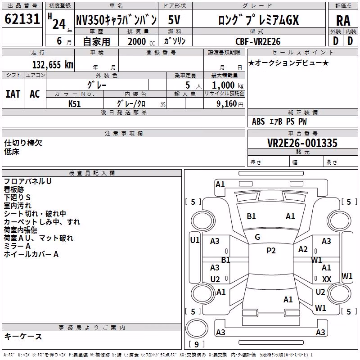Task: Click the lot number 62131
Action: coord(22,19)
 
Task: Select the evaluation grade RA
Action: coord(343,21)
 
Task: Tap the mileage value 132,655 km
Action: coord(53,65)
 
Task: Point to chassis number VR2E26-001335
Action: coord(302,143)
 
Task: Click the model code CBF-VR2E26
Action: coord(258,41)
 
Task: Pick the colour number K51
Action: coord(74,104)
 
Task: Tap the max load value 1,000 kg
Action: coord(228,85)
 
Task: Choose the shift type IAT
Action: coord(13,94)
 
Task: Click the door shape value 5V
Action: coord(174,20)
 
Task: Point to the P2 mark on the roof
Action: coord(271,251)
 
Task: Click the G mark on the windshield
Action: coord(257,237)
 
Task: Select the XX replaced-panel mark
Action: coord(327,279)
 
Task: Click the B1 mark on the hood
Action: coord(251,216)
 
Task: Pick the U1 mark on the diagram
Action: coord(195,240)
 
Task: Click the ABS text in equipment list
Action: coord(258,121)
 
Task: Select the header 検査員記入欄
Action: coord(92,173)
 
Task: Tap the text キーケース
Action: coord(23,337)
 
